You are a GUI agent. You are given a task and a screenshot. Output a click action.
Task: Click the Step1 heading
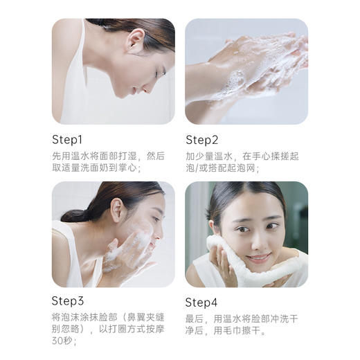click(67, 138)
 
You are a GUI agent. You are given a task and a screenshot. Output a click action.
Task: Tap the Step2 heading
click(201, 138)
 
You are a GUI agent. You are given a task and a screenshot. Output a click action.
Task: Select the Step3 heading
click(68, 300)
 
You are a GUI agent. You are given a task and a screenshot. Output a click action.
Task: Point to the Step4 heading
click(201, 302)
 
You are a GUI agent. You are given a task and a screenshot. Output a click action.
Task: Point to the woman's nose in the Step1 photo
click(165, 76)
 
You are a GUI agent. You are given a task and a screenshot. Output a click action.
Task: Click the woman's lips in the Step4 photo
click(257, 257)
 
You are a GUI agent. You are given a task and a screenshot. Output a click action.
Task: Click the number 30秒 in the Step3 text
click(62, 340)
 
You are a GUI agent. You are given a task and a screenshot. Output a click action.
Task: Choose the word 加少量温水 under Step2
click(208, 156)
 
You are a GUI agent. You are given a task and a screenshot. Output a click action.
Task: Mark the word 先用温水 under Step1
click(70, 156)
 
